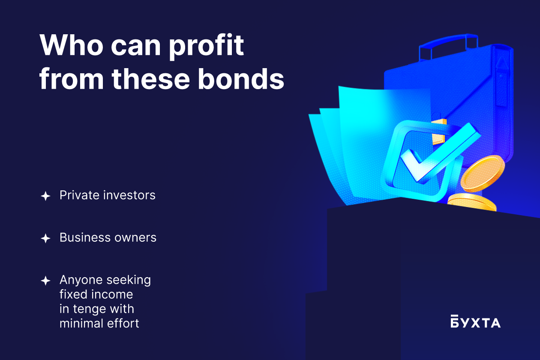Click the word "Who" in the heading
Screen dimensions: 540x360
click(x=71, y=45)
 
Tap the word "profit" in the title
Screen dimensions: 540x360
click(x=206, y=47)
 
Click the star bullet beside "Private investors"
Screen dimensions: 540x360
click(x=45, y=196)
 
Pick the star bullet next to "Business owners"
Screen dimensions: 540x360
click(x=45, y=238)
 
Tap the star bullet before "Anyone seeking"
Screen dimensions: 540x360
click(x=45, y=281)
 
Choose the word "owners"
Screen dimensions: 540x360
click(x=135, y=238)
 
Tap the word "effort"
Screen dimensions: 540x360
click(x=123, y=323)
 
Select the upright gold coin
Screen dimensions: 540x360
click(x=483, y=174)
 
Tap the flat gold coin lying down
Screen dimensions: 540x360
click(x=472, y=202)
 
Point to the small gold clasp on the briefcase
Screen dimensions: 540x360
click(x=439, y=132)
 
